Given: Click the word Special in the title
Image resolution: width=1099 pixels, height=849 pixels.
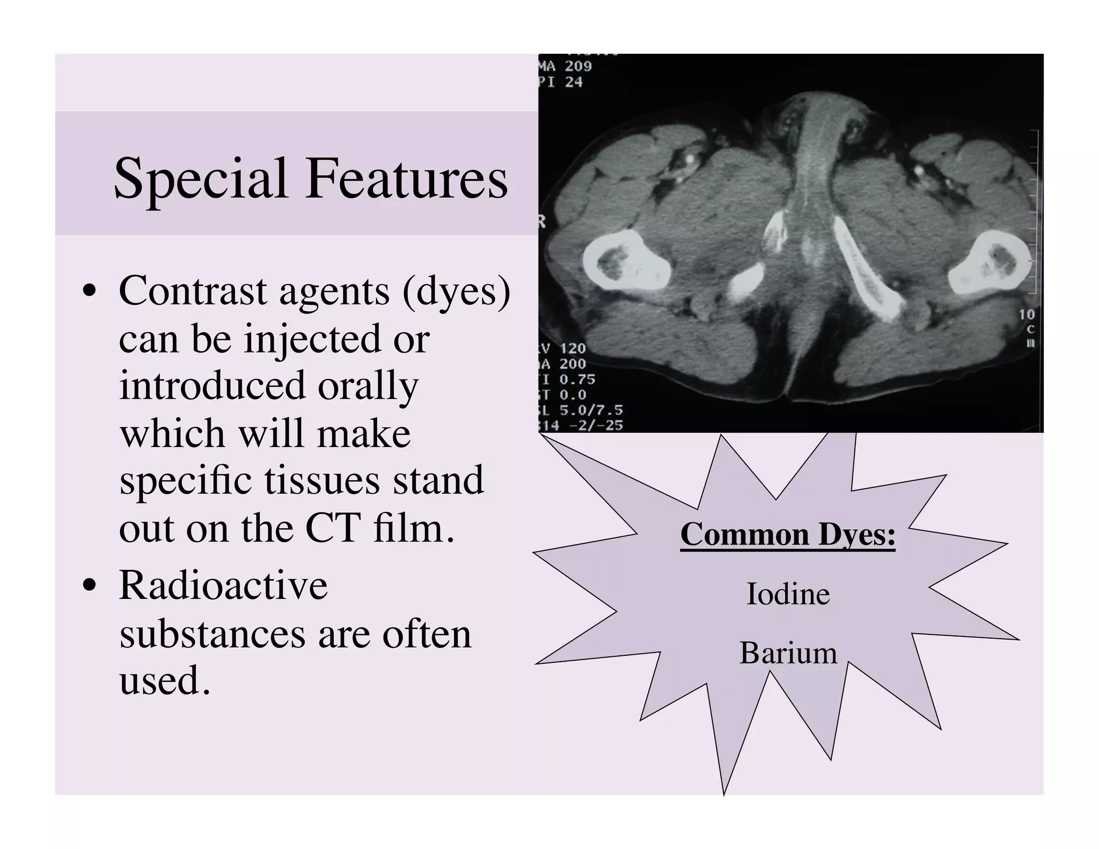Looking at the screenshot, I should coord(201,179).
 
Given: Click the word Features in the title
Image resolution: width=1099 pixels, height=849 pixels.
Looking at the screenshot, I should coord(407,178).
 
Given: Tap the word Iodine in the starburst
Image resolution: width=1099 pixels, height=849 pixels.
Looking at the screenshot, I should coord(788,594).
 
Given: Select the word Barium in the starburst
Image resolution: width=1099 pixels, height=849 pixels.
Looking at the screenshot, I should coord(788,653).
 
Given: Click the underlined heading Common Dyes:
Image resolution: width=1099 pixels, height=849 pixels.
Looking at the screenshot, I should coord(788,535).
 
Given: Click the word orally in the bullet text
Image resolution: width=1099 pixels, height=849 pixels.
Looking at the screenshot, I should coord(368,386).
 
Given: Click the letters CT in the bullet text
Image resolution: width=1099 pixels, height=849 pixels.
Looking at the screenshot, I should coord(332,529).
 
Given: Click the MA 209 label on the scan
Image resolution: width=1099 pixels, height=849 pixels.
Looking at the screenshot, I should coord(566,67).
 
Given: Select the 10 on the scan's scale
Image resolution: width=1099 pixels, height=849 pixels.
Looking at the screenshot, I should coord(1027,314).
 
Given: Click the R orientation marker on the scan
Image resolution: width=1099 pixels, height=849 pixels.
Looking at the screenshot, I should coord(542,222).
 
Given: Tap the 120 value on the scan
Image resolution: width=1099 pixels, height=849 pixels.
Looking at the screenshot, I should coord(572,348).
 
